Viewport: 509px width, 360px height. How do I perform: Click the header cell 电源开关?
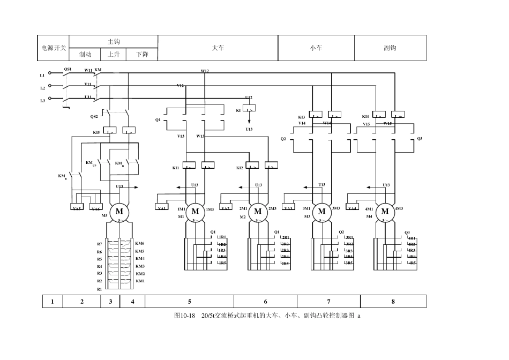53,48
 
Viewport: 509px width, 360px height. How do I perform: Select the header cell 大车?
218,48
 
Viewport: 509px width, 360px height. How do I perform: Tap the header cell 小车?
316,48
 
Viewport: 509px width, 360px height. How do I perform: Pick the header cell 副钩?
390,48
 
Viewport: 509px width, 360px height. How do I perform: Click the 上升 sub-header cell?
114,55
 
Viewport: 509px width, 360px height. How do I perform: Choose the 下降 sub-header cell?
142,55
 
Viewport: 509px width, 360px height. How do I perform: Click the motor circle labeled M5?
119,212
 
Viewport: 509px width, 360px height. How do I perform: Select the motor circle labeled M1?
196,212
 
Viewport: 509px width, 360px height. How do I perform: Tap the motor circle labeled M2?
258,212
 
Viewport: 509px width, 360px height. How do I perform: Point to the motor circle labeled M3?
321,212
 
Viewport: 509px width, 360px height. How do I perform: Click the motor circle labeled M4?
385,212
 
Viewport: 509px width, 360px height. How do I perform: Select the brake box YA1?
162,208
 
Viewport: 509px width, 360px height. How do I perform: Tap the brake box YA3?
288,208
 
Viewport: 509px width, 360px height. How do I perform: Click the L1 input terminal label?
42,76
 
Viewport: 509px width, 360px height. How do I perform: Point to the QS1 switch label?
68,69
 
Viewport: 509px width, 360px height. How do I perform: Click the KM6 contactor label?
140,243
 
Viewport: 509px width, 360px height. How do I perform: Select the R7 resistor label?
99,244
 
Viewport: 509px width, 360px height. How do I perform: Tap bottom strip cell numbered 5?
189,302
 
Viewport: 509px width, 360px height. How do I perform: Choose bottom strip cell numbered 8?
393,302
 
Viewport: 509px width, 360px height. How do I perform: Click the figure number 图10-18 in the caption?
184,316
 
